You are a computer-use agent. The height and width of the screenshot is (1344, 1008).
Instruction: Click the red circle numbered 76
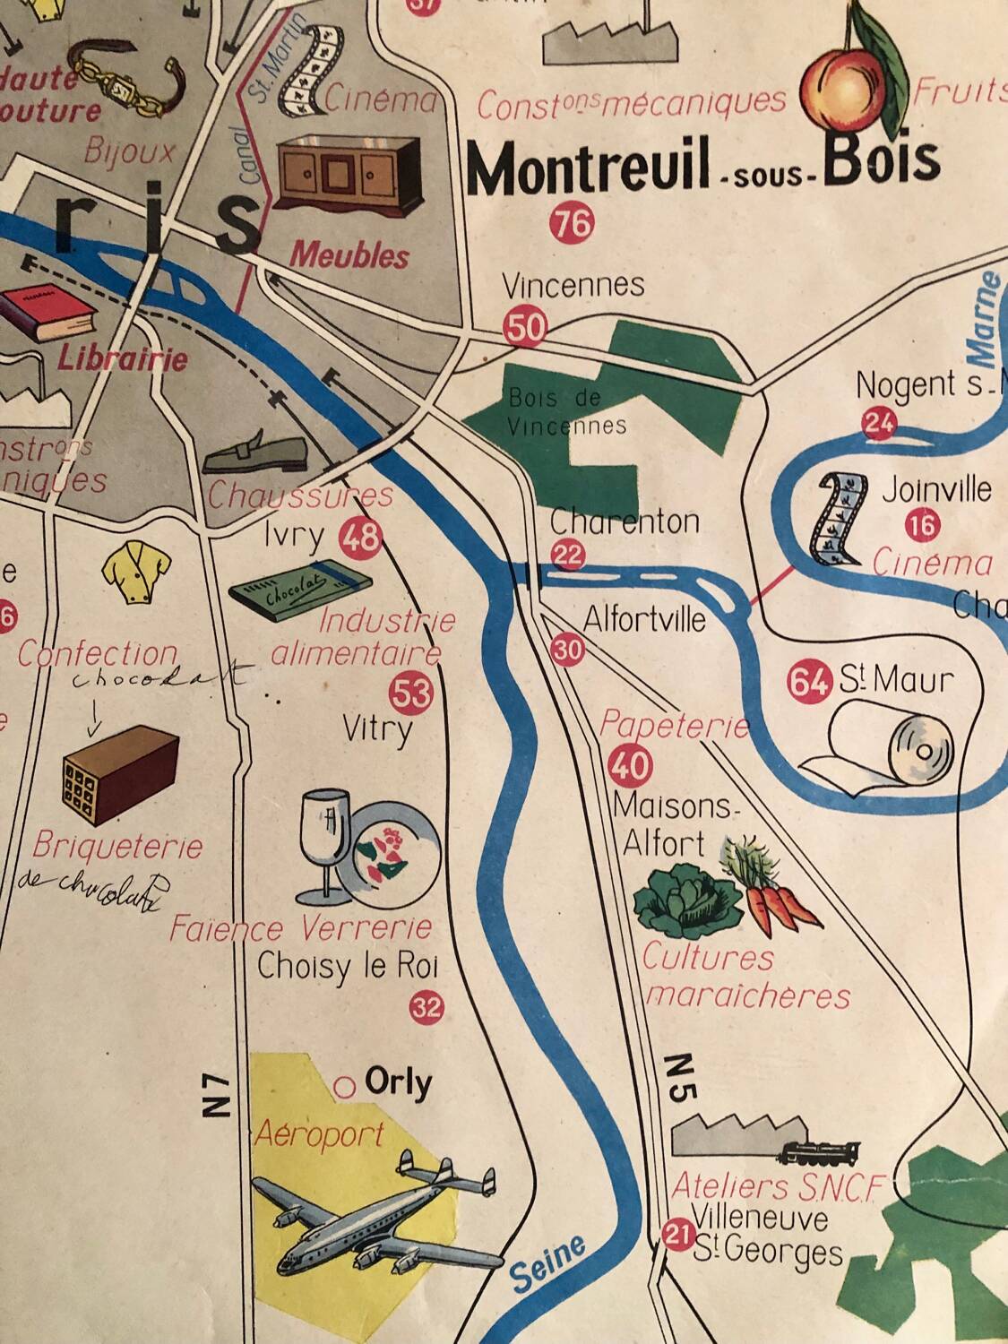(x=573, y=223)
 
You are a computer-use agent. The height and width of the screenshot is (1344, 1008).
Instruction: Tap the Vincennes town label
(x=573, y=286)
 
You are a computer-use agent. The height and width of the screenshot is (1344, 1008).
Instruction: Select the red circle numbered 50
(x=524, y=326)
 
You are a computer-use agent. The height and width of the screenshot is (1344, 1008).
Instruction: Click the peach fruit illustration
(x=845, y=89)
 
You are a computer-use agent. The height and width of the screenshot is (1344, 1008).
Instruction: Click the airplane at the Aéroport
(x=376, y=1214)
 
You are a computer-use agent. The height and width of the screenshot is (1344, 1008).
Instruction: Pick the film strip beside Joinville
(x=839, y=520)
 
